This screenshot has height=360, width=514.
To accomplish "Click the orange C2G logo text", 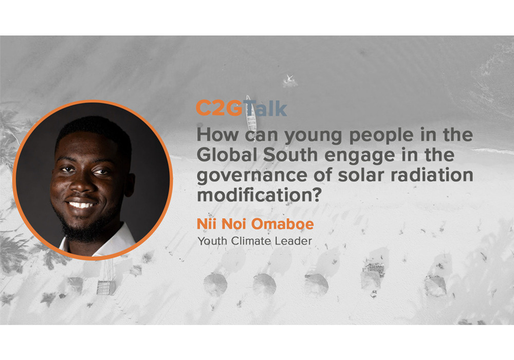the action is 219,108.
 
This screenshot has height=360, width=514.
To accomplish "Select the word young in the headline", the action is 313,136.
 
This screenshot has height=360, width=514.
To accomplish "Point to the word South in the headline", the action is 290,155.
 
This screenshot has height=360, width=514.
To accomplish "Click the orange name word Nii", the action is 207,224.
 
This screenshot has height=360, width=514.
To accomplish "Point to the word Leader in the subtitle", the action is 293,241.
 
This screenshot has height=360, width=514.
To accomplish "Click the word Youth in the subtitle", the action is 212,241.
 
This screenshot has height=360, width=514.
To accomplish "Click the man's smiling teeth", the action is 82,205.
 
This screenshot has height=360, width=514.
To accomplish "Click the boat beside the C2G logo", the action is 251,114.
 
